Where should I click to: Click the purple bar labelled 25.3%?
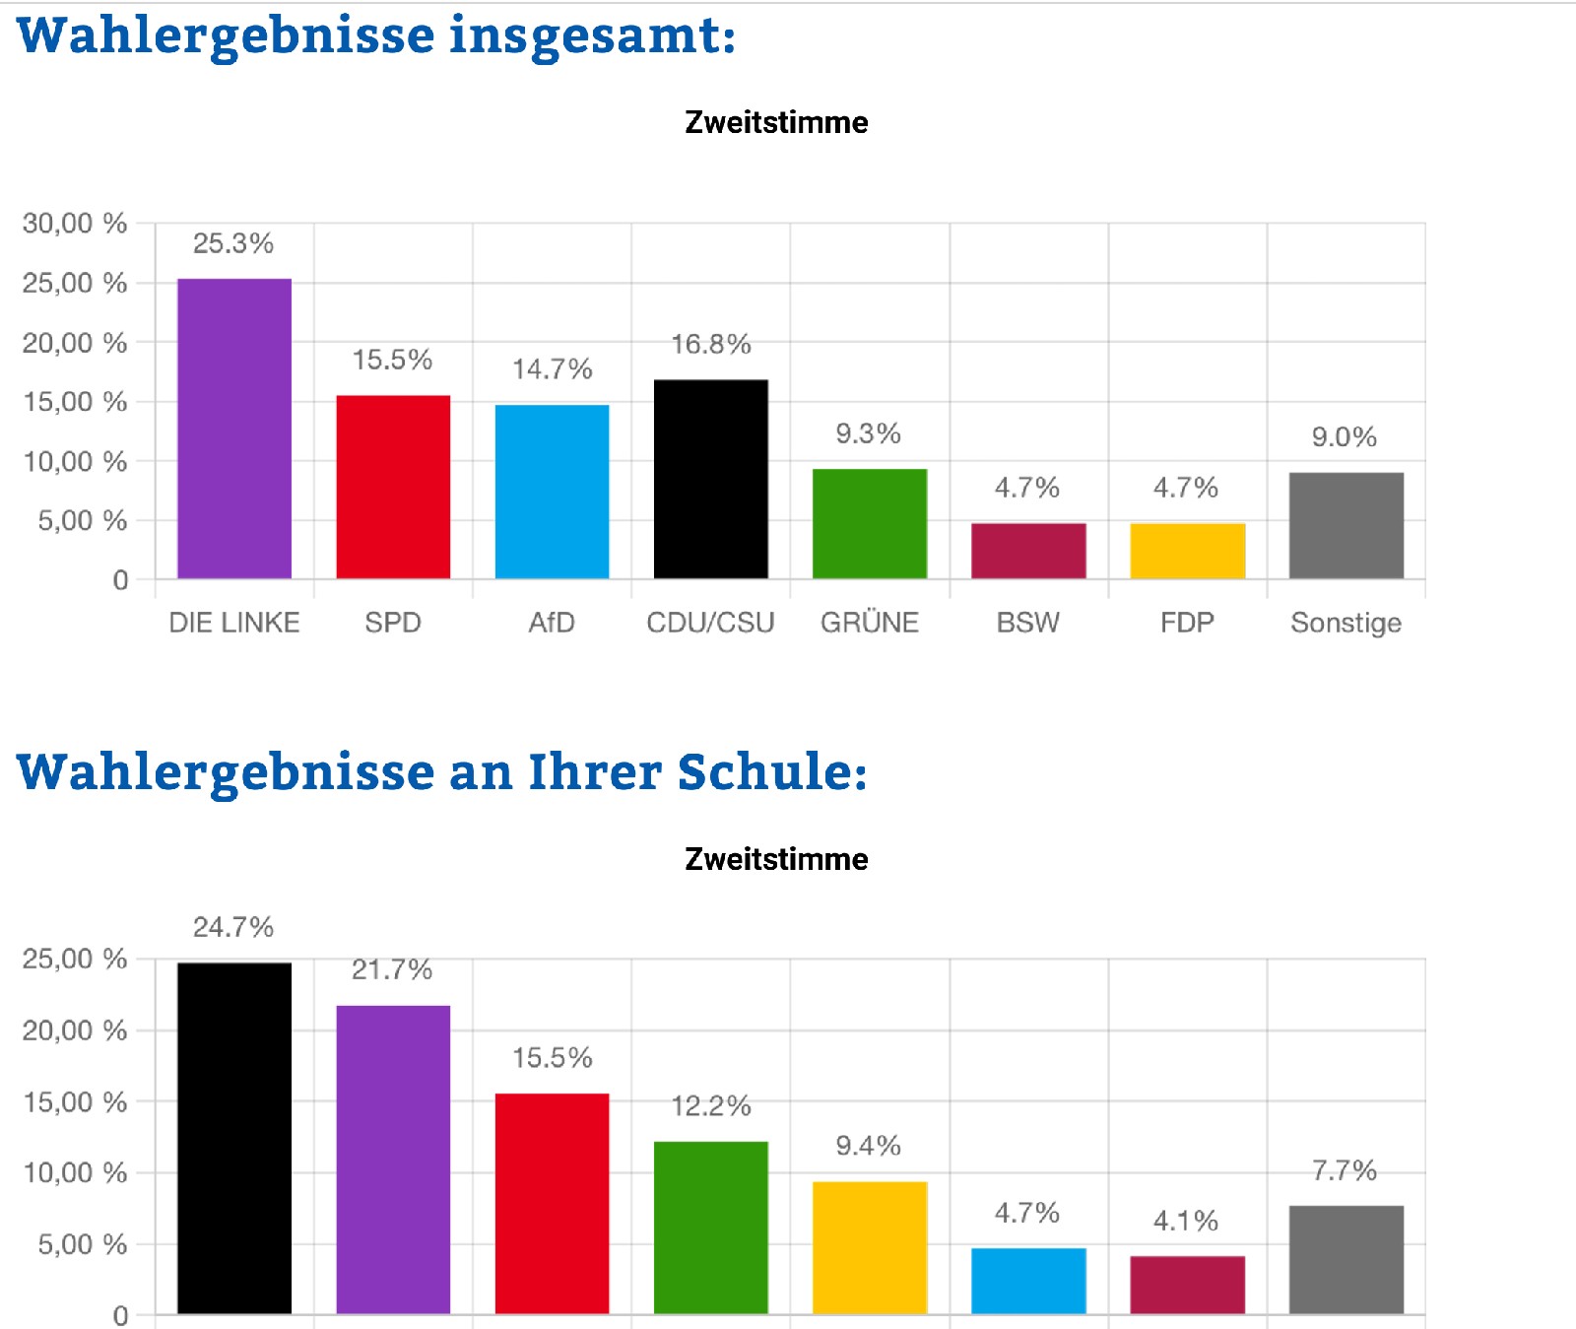pos(234,429)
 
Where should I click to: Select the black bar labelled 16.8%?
pos(710,479)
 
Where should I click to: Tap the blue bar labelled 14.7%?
pos(552,492)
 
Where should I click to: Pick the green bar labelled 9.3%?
pos(869,523)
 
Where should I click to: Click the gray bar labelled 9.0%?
pos(1346,525)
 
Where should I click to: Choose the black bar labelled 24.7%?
pos(234,1138)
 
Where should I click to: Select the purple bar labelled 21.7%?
pos(393,1160)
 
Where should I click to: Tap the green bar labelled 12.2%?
pos(710,1228)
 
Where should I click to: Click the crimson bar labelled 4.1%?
pos(1187,1285)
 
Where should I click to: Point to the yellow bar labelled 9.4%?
pos(869,1247)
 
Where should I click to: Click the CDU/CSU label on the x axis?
pos(710,623)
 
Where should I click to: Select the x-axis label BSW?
pos(1027,623)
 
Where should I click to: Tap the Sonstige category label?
pos(1346,623)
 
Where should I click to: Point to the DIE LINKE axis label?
pos(234,623)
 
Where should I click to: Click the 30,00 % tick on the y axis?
pos(75,224)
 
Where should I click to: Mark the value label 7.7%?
pos(1344,1170)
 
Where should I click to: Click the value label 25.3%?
pos(232,243)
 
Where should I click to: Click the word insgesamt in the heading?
pos(592,35)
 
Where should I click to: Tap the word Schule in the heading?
pos(771,771)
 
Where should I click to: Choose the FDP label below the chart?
pos(1187,623)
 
